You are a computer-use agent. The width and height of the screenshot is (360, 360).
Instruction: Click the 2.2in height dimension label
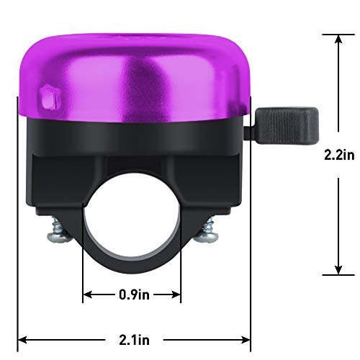click(x=338, y=154)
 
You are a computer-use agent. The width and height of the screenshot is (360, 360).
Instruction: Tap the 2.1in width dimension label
click(x=133, y=338)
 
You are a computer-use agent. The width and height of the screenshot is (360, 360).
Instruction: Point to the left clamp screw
click(x=57, y=233)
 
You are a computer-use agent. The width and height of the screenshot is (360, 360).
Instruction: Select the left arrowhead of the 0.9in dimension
click(x=88, y=294)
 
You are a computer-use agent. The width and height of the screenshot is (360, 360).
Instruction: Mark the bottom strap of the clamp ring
click(x=132, y=267)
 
